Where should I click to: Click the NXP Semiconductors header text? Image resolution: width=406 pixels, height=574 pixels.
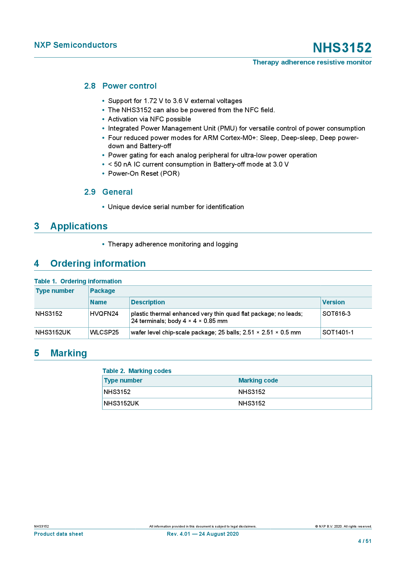click(76, 45)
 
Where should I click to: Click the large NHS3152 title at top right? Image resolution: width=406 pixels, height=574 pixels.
click(342, 48)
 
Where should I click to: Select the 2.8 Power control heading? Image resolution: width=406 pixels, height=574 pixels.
click(120, 86)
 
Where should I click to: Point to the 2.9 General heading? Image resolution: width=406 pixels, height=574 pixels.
click(108, 192)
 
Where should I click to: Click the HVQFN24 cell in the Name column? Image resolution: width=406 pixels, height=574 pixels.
click(104, 314)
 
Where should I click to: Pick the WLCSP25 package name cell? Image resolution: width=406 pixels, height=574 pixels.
click(104, 332)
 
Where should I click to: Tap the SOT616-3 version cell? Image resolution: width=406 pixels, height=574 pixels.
click(336, 314)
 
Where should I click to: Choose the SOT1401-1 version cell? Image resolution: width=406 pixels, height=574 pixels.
click(338, 332)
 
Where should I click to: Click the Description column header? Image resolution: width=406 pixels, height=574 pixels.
click(148, 302)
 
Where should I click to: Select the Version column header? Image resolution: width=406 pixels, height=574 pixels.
click(333, 302)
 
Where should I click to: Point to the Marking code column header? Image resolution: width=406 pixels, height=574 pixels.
click(258, 381)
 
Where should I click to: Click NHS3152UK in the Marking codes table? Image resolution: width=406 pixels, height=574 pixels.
click(121, 404)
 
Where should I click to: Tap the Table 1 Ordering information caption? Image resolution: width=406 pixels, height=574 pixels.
click(78, 281)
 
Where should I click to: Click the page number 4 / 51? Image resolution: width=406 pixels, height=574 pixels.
click(365, 541)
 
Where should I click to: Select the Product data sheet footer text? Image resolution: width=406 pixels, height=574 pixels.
click(59, 534)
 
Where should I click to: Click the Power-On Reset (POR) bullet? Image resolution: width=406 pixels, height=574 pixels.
click(144, 174)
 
